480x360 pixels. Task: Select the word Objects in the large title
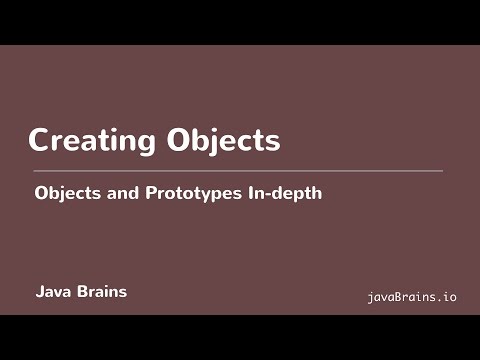pyautogui.click(x=222, y=141)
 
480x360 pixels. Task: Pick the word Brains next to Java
pyautogui.click(x=101, y=293)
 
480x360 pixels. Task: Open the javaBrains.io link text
pyautogui.click(x=412, y=297)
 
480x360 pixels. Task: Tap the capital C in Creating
pyautogui.click(x=40, y=141)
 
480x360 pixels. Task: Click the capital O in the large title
pyautogui.click(x=179, y=141)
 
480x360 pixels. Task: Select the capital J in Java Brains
pyautogui.click(x=39, y=293)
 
